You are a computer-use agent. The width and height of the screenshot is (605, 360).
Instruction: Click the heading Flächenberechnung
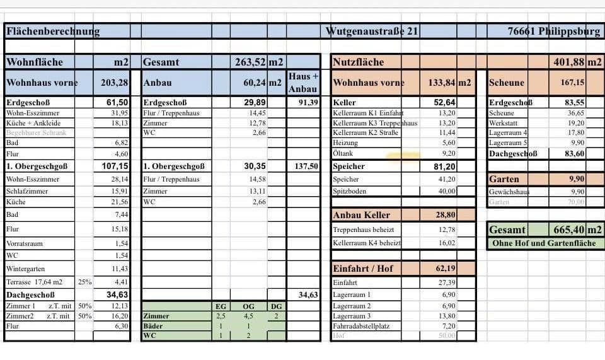[x=52, y=31]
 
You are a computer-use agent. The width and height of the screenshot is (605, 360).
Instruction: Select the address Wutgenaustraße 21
[x=372, y=31]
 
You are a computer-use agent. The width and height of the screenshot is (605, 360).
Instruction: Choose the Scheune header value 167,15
[x=572, y=83]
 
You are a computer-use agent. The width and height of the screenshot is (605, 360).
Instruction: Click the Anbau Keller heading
[x=362, y=215]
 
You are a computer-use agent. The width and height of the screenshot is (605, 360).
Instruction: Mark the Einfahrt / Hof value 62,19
[x=445, y=269]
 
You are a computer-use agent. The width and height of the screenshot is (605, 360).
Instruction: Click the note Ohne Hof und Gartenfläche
[x=544, y=243]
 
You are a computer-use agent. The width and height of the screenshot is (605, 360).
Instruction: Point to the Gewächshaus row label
[x=509, y=191]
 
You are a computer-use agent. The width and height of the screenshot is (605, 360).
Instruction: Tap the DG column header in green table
[x=277, y=306]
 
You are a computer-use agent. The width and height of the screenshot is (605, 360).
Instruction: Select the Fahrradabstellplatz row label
[x=362, y=326]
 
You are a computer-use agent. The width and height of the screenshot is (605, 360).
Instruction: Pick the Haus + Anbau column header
[x=302, y=83]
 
